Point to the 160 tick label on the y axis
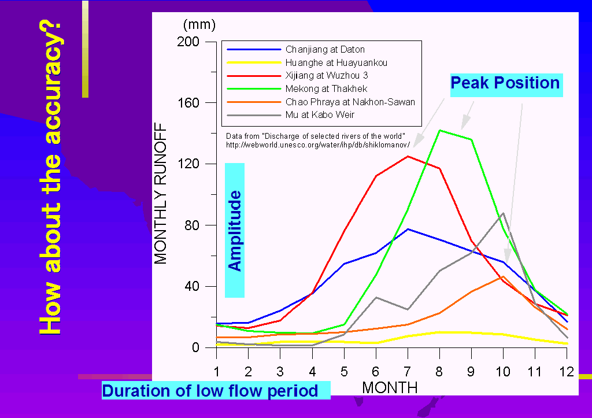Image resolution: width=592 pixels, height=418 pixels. pyautogui.click(x=188, y=103)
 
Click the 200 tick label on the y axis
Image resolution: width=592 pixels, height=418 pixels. pyautogui.click(x=188, y=42)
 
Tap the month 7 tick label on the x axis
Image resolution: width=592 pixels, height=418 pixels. pyautogui.click(x=408, y=372)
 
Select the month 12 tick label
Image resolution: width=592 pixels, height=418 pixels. pyautogui.click(x=567, y=372)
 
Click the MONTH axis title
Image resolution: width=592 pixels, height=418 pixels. pyautogui.click(x=390, y=388)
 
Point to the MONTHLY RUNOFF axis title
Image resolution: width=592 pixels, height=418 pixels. pyautogui.click(x=161, y=193)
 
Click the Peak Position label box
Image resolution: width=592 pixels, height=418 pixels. pyautogui.click(x=506, y=85)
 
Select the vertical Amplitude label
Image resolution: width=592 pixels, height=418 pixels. pyautogui.click(x=235, y=230)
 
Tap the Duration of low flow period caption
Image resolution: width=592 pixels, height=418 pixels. pyautogui.click(x=216, y=390)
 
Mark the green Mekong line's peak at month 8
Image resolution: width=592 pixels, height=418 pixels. pyautogui.click(x=440, y=130)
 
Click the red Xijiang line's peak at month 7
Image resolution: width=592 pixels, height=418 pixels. pyautogui.click(x=408, y=156)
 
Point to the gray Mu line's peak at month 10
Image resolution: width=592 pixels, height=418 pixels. pyautogui.click(x=504, y=213)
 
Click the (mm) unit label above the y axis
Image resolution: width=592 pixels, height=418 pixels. pyautogui.click(x=199, y=25)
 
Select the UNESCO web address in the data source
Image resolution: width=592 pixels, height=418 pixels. pyautogui.click(x=318, y=145)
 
